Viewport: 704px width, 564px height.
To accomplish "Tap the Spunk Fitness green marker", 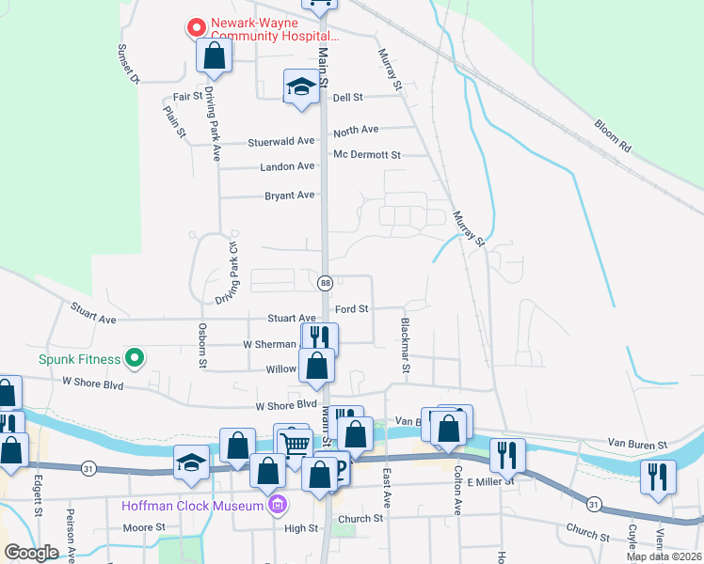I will (x=135, y=358).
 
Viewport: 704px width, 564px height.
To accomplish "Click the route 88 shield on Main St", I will (x=326, y=283).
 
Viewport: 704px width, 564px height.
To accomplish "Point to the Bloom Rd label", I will (x=613, y=135).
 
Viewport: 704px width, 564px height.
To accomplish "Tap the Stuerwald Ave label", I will (x=280, y=142).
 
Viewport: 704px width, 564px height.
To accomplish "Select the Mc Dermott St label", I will (x=367, y=154).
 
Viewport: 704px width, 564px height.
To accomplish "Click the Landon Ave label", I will (x=287, y=166).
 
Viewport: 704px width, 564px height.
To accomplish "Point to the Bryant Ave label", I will (x=290, y=196).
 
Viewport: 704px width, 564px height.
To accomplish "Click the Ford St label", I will (x=351, y=308).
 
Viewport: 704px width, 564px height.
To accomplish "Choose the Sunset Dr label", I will (x=128, y=63).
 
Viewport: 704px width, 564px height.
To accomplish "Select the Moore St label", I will (x=144, y=527).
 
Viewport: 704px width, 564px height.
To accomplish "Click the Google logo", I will (x=32, y=553).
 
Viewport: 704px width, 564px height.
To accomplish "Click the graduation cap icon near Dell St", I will (x=300, y=86).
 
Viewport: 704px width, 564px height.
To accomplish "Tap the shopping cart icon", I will (x=295, y=443).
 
